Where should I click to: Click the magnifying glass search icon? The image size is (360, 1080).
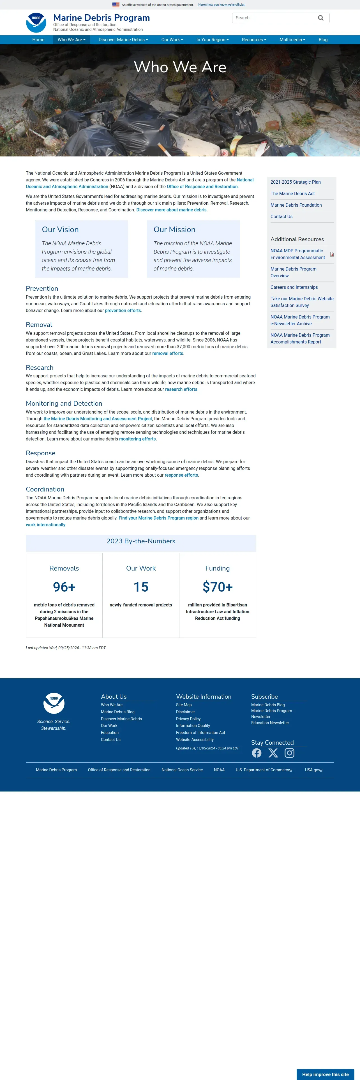pyautogui.click(x=320, y=18)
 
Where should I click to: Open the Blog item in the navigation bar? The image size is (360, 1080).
pyautogui.click(x=323, y=40)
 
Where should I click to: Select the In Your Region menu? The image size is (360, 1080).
pyautogui.click(x=212, y=40)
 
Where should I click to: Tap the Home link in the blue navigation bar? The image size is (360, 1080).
pyautogui.click(x=38, y=40)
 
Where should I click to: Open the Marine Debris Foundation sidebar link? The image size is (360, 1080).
pyautogui.click(x=296, y=205)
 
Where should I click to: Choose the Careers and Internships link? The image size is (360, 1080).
pyautogui.click(x=294, y=287)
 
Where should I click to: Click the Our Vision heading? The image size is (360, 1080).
pyautogui.click(x=60, y=229)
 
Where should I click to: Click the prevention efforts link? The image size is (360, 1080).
pyautogui.click(x=123, y=311)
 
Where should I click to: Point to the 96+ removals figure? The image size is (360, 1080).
pyautogui.click(x=64, y=587)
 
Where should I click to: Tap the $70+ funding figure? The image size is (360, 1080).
pyautogui.click(x=218, y=587)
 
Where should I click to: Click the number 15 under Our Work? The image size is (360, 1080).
pyautogui.click(x=141, y=587)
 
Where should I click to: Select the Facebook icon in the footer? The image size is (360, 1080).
pyautogui.click(x=257, y=753)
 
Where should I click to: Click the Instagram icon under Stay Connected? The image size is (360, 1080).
pyautogui.click(x=289, y=753)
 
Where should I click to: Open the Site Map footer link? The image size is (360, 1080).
pyautogui.click(x=184, y=705)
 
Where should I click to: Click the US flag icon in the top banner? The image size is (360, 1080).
pyautogui.click(x=116, y=4)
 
